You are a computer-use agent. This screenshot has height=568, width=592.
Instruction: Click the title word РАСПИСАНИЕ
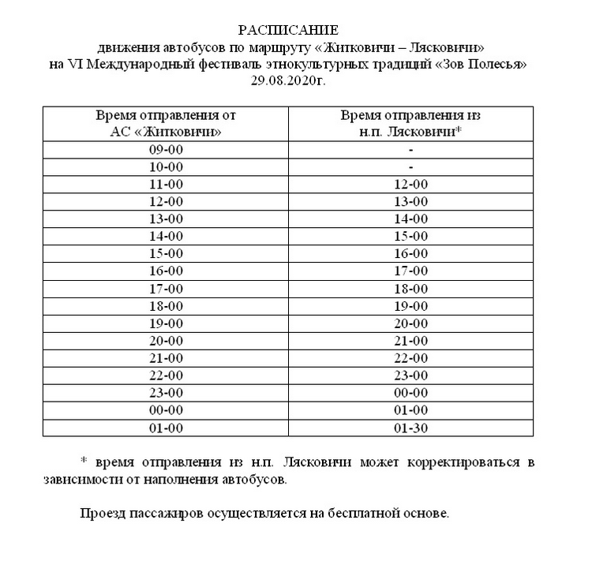click(287, 31)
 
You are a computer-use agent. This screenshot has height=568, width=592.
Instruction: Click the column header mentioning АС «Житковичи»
click(166, 123)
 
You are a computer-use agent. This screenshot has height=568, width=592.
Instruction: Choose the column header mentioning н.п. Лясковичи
click(410, 123)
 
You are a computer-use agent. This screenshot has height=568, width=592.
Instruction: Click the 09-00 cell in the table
click(166, 149)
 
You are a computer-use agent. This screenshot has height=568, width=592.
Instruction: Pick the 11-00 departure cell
click(166, 184)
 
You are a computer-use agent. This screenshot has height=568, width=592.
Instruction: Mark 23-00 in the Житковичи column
click(166, 393)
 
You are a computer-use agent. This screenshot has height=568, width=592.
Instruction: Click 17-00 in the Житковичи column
click(166, 288)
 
